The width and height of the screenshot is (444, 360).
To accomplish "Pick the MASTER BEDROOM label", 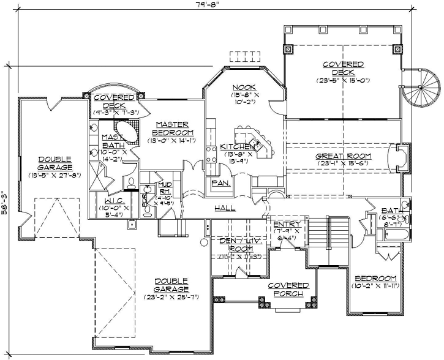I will coord(171,128).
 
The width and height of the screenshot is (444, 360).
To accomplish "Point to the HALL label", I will coord(225,208).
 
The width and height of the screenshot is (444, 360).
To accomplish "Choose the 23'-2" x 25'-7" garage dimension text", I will coord(171,297).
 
